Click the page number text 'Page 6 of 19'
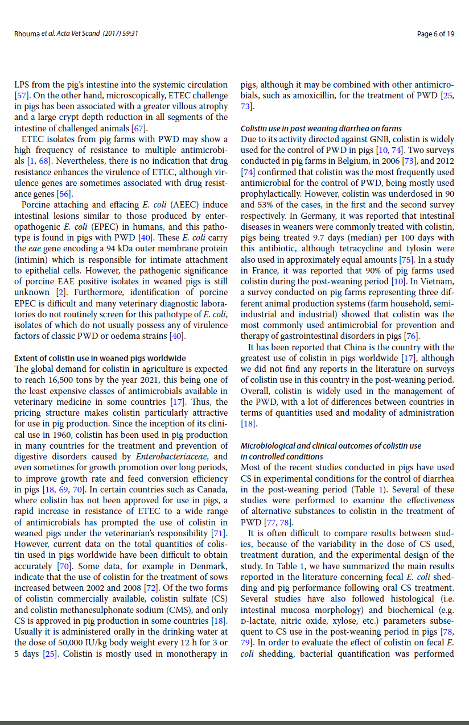(435, 34)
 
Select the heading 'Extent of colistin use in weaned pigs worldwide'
(100, 358)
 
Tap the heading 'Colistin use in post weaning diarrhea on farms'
(321, 129)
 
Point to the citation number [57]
(22, 96)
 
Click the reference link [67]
(139, 128)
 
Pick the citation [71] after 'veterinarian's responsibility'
(219, 533)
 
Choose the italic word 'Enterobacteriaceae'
(169, 457)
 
